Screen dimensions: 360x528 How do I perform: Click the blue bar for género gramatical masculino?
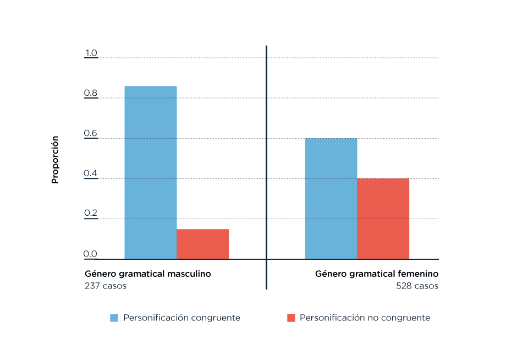150,172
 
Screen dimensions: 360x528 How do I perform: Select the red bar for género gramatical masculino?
202,244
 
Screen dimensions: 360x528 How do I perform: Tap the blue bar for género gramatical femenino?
331,198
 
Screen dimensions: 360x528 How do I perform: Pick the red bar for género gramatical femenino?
383,219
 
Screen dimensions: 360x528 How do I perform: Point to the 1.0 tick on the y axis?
91,53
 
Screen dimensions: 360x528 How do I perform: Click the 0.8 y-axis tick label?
91,94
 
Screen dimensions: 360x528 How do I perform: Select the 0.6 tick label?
91,134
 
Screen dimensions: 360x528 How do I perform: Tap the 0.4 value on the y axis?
91,174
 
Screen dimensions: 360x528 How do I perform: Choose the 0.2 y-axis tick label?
91,214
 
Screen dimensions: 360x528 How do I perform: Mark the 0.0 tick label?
91,254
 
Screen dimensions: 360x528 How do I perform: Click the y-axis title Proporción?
55,160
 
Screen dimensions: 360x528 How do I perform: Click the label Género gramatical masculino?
147,274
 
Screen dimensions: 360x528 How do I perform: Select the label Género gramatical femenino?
376,274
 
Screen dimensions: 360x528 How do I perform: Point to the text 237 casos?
105,286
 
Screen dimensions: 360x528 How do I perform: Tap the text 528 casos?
417,286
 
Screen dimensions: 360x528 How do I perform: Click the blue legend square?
114,318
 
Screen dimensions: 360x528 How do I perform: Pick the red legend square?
291,318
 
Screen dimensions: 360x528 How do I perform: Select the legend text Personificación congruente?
182,318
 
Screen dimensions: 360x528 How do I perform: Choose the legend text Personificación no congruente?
365,318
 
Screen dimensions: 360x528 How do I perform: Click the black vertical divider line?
266,165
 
